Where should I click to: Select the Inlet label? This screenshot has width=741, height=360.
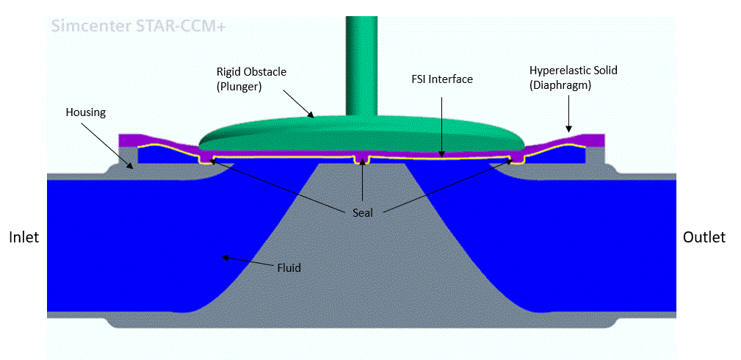[24, 237]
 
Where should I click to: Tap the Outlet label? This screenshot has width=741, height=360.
[704, 237]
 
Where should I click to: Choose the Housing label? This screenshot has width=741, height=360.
[86, 112]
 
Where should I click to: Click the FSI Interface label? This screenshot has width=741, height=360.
[441, 79]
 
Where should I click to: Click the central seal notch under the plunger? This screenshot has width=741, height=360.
[361, 159]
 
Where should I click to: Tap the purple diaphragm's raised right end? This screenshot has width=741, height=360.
[592, 139]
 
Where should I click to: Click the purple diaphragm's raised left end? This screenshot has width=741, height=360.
[131, 139]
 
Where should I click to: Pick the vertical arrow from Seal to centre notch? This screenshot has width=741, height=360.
[361, 184]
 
